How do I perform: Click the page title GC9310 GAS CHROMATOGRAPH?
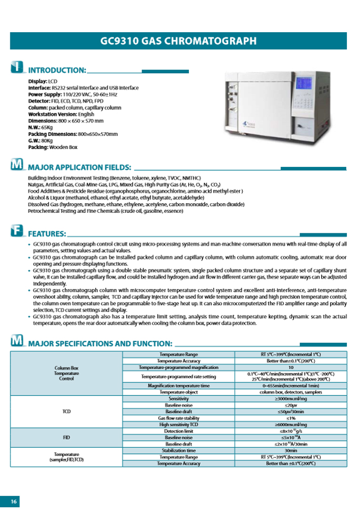point(178,41)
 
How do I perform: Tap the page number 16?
point(14,501)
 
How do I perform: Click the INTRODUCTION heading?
point(57,70)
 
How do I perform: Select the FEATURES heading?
point(47,233)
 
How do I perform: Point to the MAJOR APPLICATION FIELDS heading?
point(79,167)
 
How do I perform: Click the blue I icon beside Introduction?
point(17,68)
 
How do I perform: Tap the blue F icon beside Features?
point(17,231)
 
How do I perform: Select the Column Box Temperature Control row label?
point(66,373)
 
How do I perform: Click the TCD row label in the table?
point(66,411)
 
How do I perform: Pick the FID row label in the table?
point(66,438)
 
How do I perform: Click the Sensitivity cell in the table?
point(178,399)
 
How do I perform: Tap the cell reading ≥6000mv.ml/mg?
point(291,424)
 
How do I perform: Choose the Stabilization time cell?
point(178,451)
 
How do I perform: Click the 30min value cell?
point(291,451)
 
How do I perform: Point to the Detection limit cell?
point(178,431)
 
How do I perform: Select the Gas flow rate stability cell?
point(178,418)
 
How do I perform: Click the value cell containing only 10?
point(291,367)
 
